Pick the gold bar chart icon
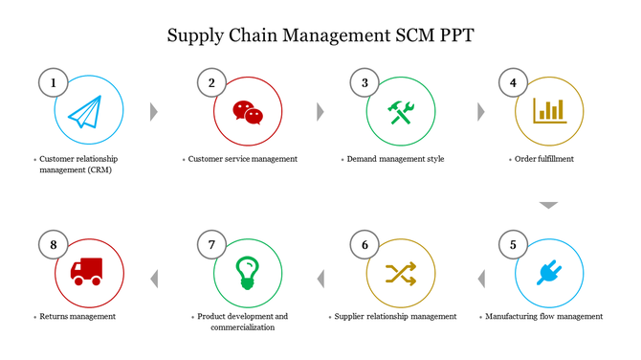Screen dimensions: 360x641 pos(550,110)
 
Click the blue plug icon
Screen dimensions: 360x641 pos(549,273)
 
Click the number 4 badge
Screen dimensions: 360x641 pos(513,83)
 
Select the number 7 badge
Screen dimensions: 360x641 pos(211,245)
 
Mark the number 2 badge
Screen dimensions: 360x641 pos(211,83)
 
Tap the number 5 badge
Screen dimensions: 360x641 pos(513,245)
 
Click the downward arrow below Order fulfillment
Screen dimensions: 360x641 pos(547,205)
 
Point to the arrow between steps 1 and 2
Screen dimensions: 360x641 pos(153,112)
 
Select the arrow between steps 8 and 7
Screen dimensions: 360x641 pos(155,279)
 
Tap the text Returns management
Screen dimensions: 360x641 pos(77,316)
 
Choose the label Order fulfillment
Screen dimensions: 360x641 pos(543,159)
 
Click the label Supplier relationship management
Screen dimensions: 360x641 pos(395,316)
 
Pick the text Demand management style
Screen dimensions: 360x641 pos(395,159)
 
